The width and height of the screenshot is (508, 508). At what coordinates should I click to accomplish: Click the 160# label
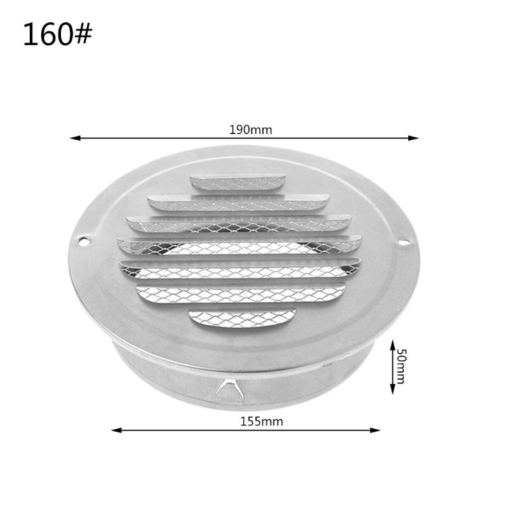click(x=57, y=35)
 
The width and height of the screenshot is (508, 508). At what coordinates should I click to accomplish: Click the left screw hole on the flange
click(x=83, y=241)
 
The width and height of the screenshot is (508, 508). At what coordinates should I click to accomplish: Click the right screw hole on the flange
click(x=403, y=241)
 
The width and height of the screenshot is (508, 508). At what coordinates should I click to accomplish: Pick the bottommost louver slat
click(x=241, y=316)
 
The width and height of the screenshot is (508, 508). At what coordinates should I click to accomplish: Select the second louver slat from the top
click(x=238, y=203)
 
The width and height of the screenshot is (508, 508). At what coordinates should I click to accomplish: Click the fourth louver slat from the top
click(x=239, y=245)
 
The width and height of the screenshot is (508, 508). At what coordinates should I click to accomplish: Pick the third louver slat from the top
click(x=239, y=223)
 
